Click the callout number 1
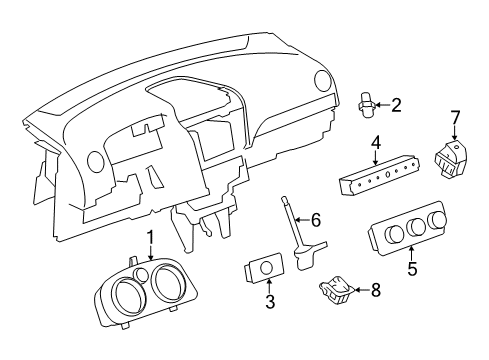point(150,266)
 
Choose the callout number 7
point(455,119)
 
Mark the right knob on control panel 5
point(437,224)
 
